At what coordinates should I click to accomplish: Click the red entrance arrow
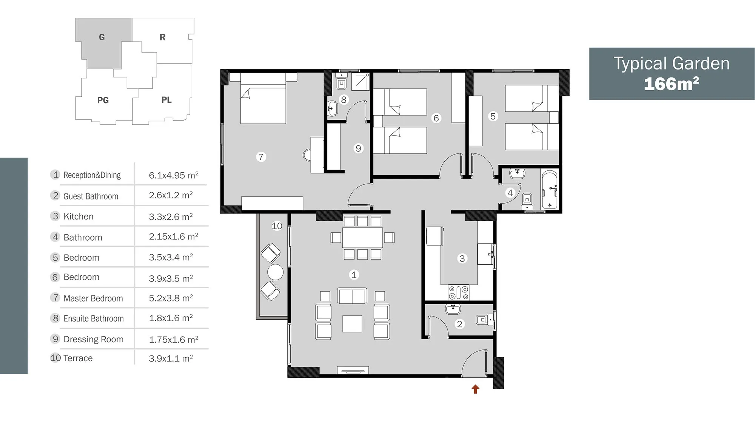[475, 389]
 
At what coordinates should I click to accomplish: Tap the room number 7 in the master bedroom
[261, 157]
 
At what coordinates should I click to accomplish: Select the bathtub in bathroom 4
[549, 190]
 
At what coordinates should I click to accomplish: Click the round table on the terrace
[275, 272]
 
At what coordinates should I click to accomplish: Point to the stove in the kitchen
[459, 292]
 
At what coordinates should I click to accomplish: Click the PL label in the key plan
[166, 100]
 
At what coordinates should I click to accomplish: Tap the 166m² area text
[671, 83]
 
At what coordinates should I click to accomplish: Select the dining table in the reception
[362, 238]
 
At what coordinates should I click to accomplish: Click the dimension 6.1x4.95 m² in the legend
[174, 175]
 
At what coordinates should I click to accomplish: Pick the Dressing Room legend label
[94, 339]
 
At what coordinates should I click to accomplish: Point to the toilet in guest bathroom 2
[485, 320]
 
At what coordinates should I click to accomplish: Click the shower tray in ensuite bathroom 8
[360, 82]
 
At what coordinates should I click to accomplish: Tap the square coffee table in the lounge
[352, 324]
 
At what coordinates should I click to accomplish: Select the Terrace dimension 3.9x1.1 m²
[171, 358]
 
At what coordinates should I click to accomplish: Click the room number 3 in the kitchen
[462, 258]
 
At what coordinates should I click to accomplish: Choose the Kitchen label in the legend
[79, 216]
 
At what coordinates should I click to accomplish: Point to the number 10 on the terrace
[277, 226]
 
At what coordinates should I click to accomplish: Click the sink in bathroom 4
[517, 173]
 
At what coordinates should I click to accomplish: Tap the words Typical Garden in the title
[672, 63]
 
